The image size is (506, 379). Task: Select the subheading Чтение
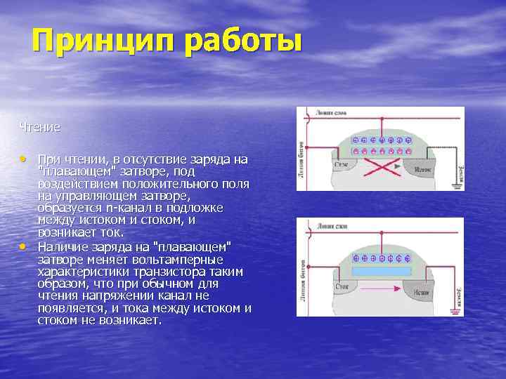click(x=40, y=127)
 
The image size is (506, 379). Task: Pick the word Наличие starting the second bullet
click(x=61, y=246)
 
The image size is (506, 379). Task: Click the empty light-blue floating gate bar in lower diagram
click(x=380, y=270)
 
